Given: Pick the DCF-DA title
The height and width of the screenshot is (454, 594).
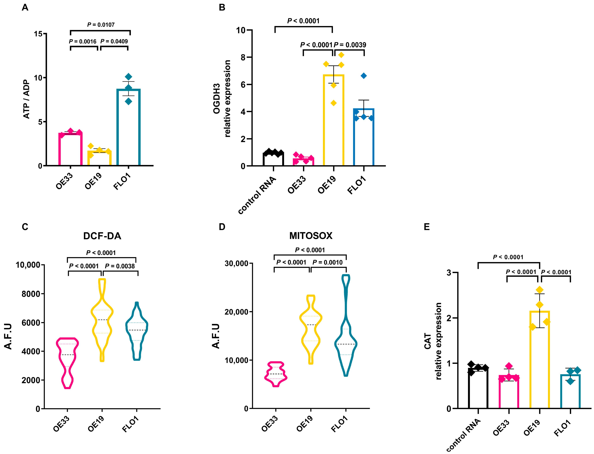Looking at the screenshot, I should [102, 236].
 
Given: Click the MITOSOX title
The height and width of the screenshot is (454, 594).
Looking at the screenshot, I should [311, 236].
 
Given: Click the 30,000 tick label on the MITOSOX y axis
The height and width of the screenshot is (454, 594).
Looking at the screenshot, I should [236, 263].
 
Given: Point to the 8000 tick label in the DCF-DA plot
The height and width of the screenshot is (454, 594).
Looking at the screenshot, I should [31, 294].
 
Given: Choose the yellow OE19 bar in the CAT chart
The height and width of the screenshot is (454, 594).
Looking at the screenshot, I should [539, 359].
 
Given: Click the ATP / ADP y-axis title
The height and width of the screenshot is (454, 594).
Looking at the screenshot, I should [26, 99].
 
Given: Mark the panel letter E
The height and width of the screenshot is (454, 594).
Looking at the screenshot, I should [427, 227].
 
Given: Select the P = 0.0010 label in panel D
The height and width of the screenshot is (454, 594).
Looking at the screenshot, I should [327, 262].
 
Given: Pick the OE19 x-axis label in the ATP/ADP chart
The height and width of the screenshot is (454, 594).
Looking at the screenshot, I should [93, 181].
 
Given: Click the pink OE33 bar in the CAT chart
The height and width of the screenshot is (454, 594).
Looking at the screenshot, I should [509, 392].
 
